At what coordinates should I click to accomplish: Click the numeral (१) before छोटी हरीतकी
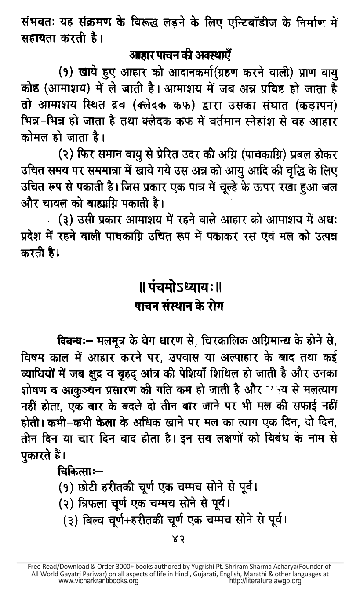click(66, 487)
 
